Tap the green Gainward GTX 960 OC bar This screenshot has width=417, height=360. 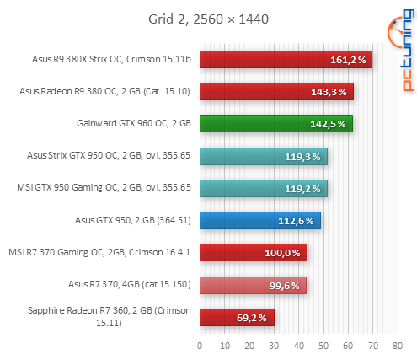click(275, 124)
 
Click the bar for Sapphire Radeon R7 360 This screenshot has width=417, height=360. click(237, 318)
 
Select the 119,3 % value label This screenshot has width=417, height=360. click(303, 157)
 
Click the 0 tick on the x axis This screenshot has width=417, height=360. click(200, 346)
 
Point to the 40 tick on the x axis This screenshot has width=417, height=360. click(298, 346)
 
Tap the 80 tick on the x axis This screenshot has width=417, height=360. click(398, 346)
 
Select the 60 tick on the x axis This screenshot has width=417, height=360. click(348, 346)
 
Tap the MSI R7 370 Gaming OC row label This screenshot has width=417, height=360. click(100, 252)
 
